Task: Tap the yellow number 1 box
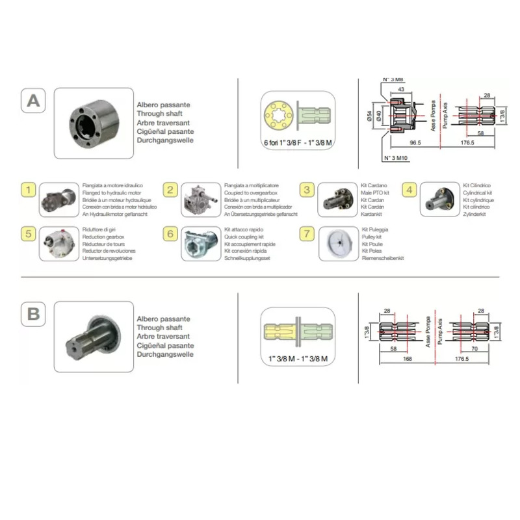pyautogui.click(x=29, y=190)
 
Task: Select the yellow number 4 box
pyautogui.click(x=409, y=190)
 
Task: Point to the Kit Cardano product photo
pyautogui.click(x=337, y=200)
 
